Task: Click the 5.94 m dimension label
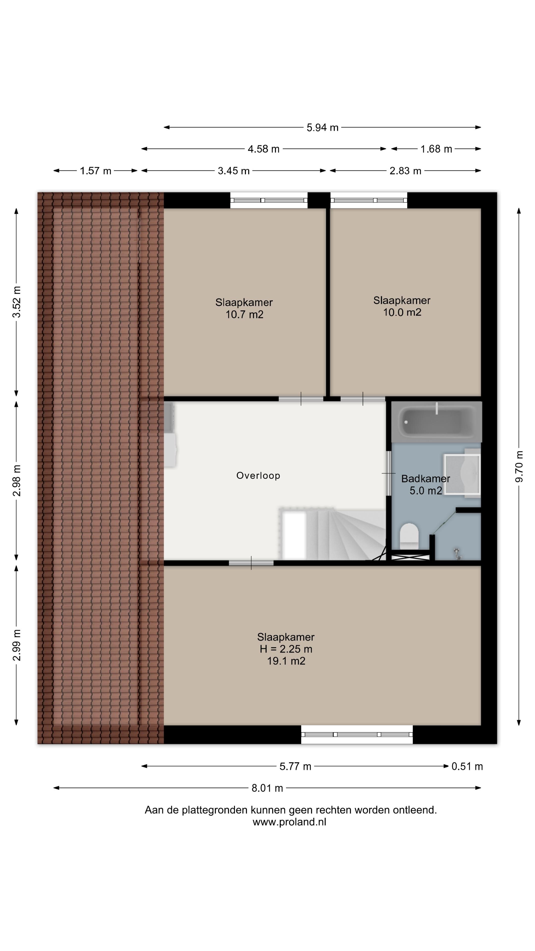coord(322,128)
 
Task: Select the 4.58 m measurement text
coord(263,149)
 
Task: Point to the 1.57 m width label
coord(96,171)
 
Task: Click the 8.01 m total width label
coord(267,788)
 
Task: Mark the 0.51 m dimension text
coord(467,766)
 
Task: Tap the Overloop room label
coord(258,475)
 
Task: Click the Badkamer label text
coord(426,479)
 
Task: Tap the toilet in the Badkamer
coord(409,535)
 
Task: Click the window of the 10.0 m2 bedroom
coord(369,200)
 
